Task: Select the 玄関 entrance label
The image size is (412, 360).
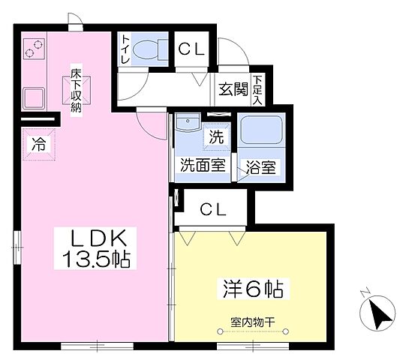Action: (x=233, y=88)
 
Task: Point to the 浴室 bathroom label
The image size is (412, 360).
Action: (x=260, y=166)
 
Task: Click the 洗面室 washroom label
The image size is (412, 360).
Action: (x=202, y=166)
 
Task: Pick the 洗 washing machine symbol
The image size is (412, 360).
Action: (x=215, y=138)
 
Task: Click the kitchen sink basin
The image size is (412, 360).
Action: (x=35, y=97)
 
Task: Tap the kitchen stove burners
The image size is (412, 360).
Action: (x=35, y=49)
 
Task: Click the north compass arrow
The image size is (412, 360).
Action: (x=380, y=310)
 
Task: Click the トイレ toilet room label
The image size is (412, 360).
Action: (x=126, y=51)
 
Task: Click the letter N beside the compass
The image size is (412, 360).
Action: (x=363, y=291)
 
